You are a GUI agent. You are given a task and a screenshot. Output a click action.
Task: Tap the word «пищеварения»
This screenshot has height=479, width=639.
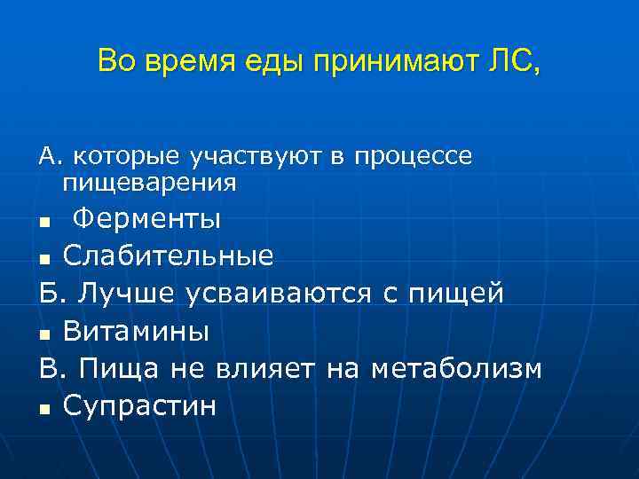point(149,184)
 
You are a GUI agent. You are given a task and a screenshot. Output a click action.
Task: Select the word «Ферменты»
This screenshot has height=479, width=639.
point(146,218)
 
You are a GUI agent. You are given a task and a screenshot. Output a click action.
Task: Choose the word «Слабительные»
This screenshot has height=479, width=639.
point(169,256)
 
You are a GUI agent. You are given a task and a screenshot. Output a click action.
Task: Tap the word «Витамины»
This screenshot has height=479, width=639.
point(137,331)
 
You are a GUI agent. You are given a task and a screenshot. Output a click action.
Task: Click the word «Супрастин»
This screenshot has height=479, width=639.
point(139,405)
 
